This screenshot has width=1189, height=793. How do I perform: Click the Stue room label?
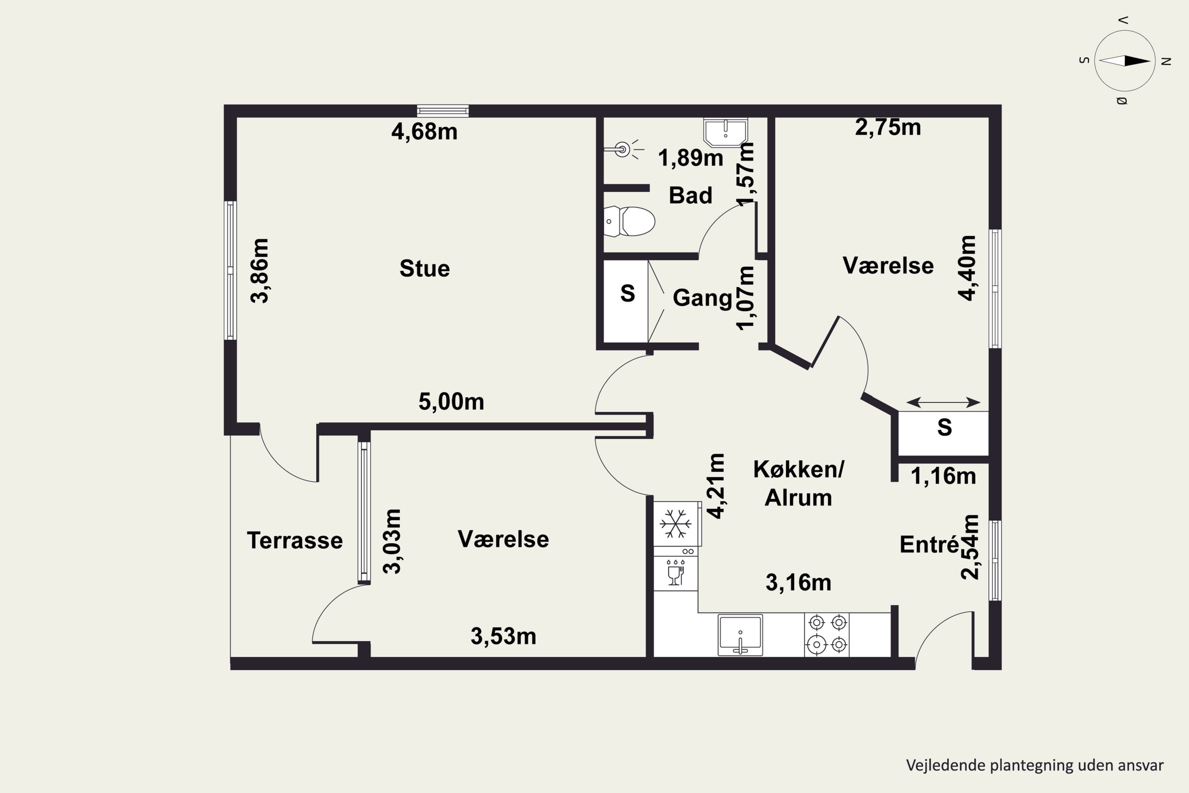point(424,268)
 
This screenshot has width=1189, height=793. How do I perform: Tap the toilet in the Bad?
point(629,221)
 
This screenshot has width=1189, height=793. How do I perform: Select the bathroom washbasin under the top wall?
point(725,132)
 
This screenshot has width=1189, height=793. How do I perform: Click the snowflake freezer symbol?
point(675,523)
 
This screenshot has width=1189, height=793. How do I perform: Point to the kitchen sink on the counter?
point(740,635)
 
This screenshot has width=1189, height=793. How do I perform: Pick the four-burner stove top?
point(827,635)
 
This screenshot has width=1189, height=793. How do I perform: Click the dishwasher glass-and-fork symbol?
point(675,573)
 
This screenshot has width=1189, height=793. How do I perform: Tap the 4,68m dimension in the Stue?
point(424,132)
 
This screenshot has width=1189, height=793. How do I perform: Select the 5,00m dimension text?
point(451,402)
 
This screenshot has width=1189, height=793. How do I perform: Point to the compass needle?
point(1125,61)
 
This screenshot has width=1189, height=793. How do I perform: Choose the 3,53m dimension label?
point(503,636)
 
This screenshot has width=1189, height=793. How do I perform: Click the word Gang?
point(702,298)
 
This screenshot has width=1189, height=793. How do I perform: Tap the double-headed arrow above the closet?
point(943,402)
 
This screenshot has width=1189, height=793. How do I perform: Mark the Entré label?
point(929,544)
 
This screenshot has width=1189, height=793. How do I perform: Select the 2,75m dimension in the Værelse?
point(888,127)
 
